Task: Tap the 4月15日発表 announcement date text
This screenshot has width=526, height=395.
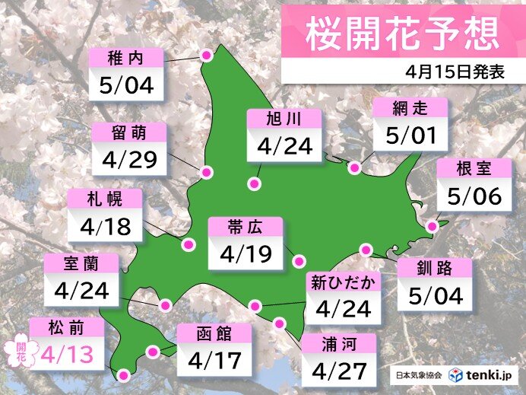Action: pyautogui.click(x=455, y=72)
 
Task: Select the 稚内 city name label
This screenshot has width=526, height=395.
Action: pyautogui.click(x=126, y=58)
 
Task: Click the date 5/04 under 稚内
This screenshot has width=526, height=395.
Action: pyautogui.click(x=126, y=84)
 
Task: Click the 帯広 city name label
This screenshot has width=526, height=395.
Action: pyautogui.click(x=245, y=227)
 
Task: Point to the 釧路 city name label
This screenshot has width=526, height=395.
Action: pyautogui.click(x=434, y=269)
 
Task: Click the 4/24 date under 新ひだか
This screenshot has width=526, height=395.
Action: pyautogui.click(x=342, y=309)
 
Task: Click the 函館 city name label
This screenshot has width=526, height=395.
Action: pyautogui.click(x=214, y=333)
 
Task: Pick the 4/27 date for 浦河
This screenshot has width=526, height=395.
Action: pyautogui.click(x=338, y=371)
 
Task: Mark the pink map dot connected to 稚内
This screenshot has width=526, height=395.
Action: pyautogui.click(x=206, y=55)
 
